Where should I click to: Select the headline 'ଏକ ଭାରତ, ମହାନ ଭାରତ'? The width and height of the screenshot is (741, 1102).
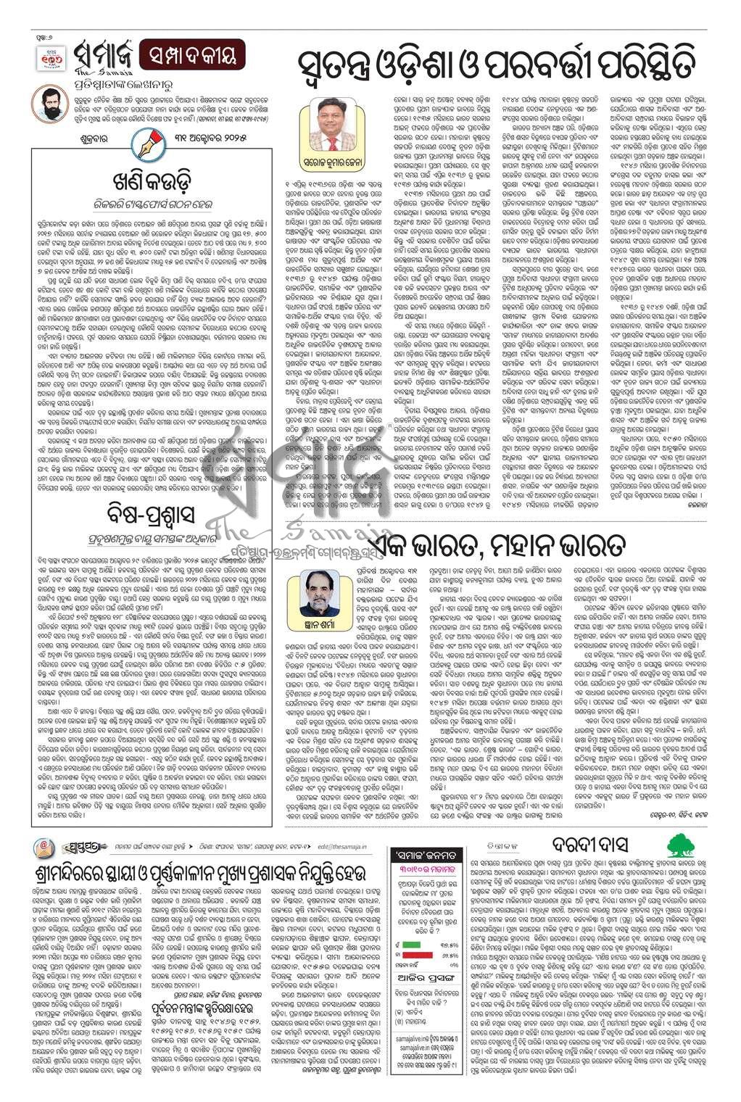493,543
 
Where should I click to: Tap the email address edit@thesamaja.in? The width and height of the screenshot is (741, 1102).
341,846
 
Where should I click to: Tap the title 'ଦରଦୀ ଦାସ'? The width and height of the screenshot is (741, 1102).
588,846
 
